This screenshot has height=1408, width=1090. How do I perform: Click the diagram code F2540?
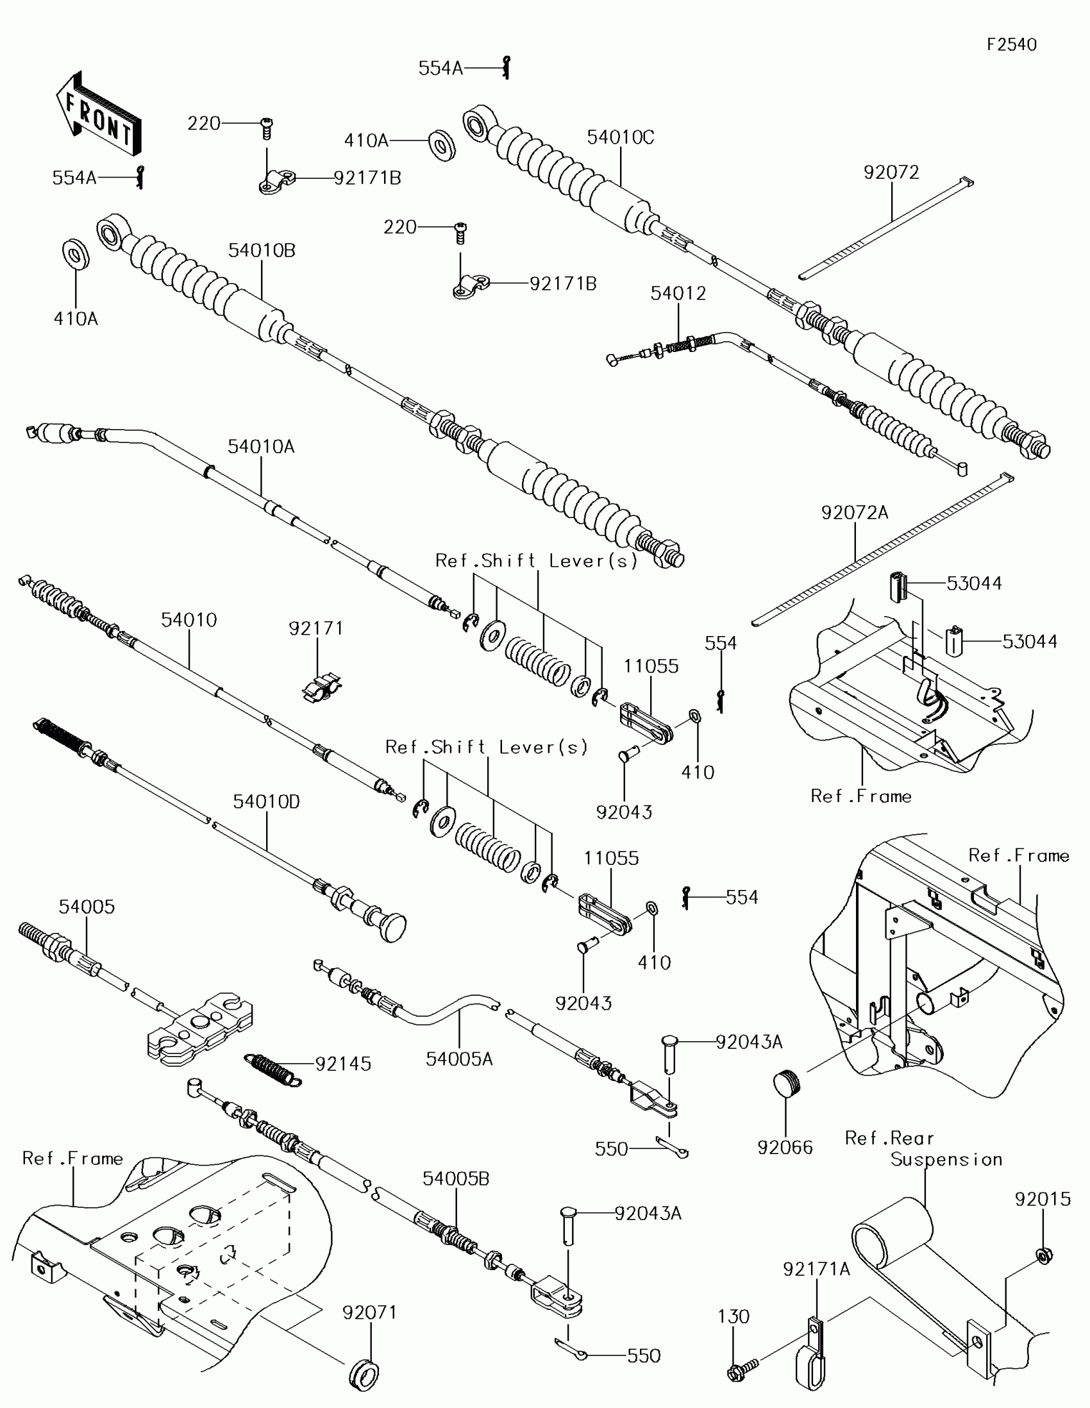(x=1011, y=44)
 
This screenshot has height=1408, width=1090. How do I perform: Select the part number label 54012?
(x=678, y=294)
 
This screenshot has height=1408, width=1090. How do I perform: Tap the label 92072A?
(x=855, y=512)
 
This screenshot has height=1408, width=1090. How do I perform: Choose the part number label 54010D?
(x=266, y=801)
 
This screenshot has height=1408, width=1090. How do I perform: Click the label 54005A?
(x=459, y=1059)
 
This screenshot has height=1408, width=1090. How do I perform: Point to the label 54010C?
(x=620, y=137)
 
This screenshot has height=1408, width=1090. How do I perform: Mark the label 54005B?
(x=456, y=1178)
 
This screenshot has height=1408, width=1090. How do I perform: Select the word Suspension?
(x=946, y=1159)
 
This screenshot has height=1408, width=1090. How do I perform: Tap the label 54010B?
(x=262, y=250)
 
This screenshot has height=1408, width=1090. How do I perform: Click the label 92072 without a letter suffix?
(x=891, y=172)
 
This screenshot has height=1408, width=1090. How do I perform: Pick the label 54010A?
(x=261, y=446)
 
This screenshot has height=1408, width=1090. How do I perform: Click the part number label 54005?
(x=87, y=907)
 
